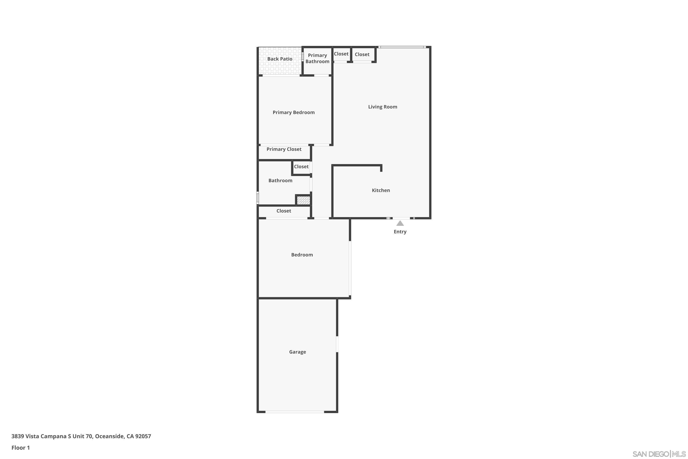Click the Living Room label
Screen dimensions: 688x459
pyautogui.click(x=383, y=107)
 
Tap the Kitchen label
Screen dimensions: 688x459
pyautogui.click(x=381, y=190)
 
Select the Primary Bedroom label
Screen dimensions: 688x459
pyautogui.click(x=294, y=112)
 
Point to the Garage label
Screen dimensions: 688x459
pyautogui.click(x=297, y=352)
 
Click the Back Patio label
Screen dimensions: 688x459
pyautogui.click(x=280, y=59)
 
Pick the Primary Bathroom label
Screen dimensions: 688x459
pyautogui.click(x=317, y=58)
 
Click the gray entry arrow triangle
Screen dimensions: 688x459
pyautogui.click(x=400, y=223)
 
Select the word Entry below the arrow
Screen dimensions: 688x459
pyautogui.click(x=400, y=232)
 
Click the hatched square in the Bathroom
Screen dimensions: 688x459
pyautogui.click(x=303, y=200)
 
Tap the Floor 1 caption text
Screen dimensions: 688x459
pyautogui.click(x=21, y=448)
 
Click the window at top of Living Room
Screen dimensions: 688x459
pyautogui.click(x=401, y=47)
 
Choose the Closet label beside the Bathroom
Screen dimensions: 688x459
pyautogui.click(x=301, y=167)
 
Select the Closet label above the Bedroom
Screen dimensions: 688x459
pyautogui.click(x=284, y=211)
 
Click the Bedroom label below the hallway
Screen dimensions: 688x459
pyautogui.click(x=302, y=255)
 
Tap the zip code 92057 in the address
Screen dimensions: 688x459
pyautogui.click(x=143, y=436)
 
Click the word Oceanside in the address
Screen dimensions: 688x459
pyautogui.click(x=109, y=436)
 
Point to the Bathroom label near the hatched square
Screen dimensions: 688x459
pyautogui.click(x=280, y=181)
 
